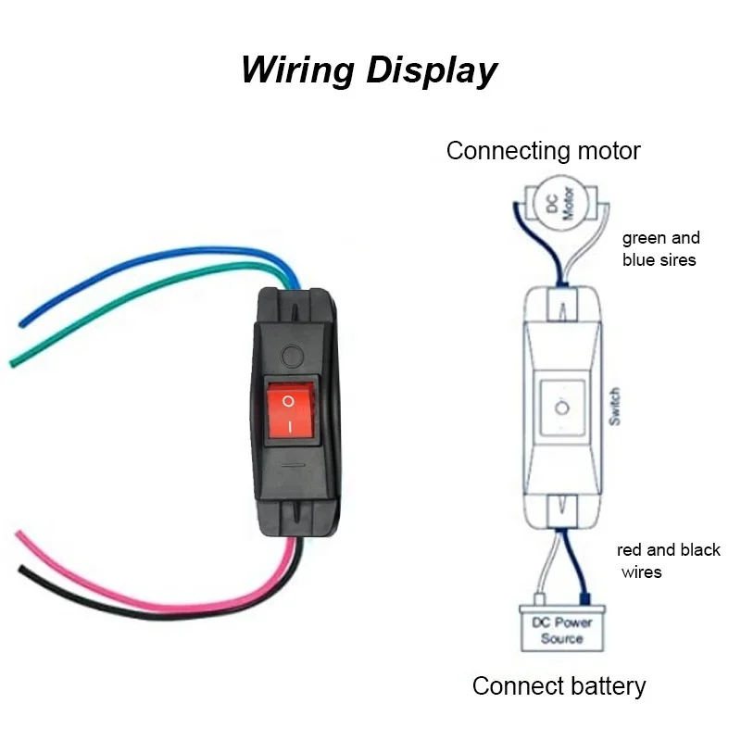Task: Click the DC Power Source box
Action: [x=561, y=630]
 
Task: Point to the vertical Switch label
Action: [x=614, y=407]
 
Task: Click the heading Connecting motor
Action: [x=543, y=151]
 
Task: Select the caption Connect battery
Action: [x=559, y=686]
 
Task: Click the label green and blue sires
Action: [x=660, y=249]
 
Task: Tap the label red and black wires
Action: [x=668, y=560]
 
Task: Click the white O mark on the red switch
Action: [x=288, y=401]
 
